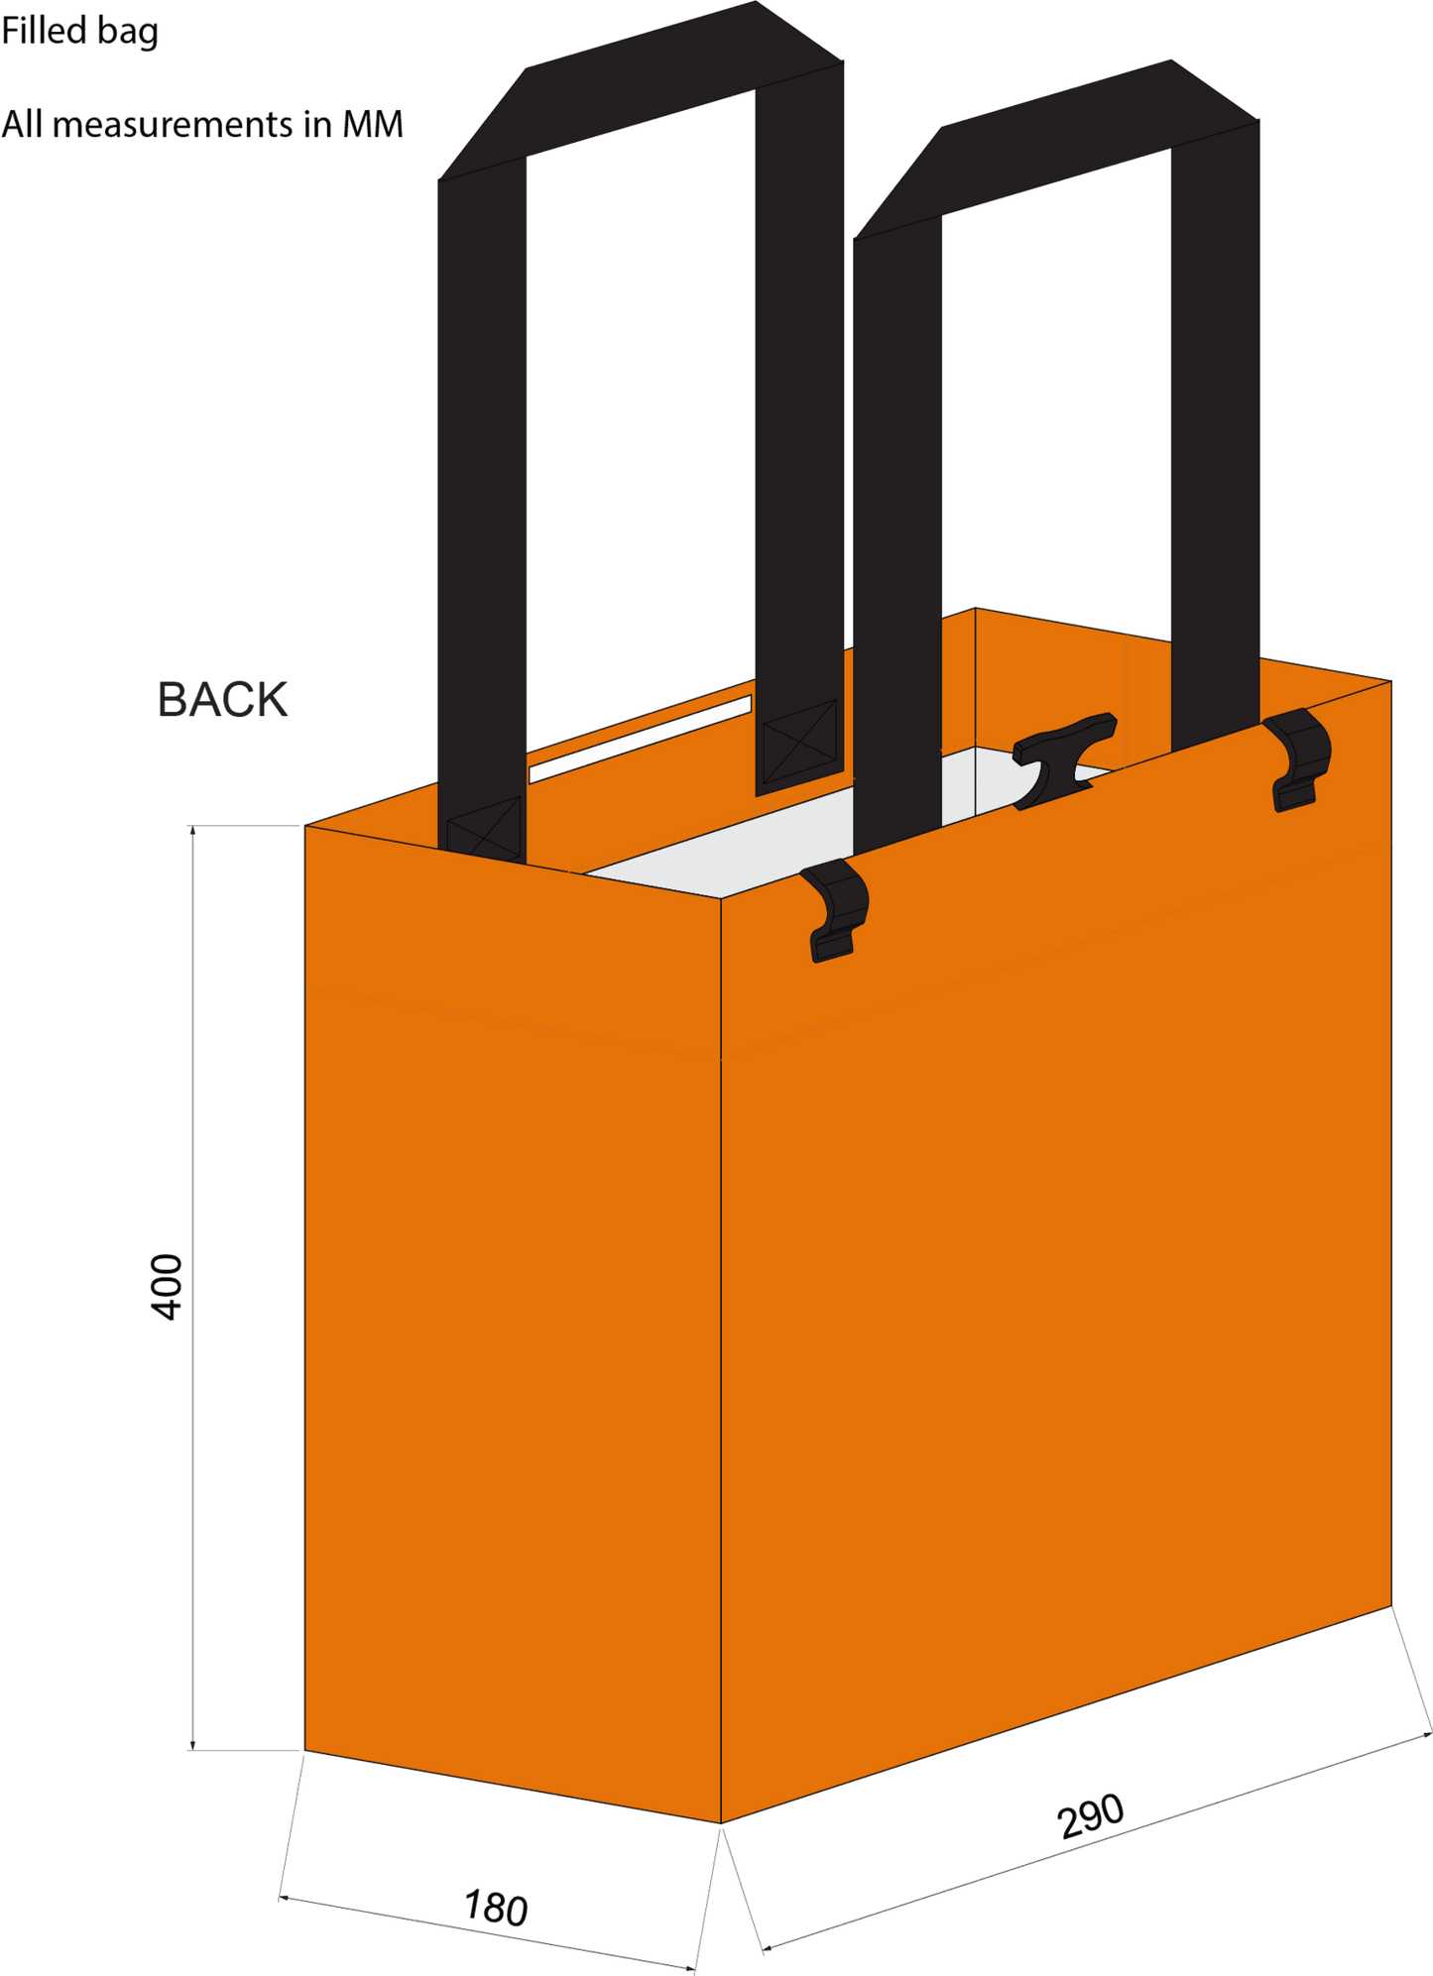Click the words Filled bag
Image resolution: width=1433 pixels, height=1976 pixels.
coord(79,32)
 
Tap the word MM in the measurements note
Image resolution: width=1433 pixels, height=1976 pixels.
coord(373,124)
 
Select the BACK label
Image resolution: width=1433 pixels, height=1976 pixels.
coord(222,700)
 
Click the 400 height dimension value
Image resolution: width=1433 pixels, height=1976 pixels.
coord(167,1287)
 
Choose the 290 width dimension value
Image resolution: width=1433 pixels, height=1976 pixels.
coord(1091,1816)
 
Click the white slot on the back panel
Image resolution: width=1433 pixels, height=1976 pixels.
coord(640,739)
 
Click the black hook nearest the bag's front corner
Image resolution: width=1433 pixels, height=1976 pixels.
coord(835,910)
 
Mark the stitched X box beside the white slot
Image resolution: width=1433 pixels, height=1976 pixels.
coord(799,741)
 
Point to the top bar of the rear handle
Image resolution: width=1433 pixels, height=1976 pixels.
coord(641,90)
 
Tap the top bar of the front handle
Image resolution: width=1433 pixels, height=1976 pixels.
coord(1056,149)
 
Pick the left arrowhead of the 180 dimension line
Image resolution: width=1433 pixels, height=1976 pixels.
coord(284,1898)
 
